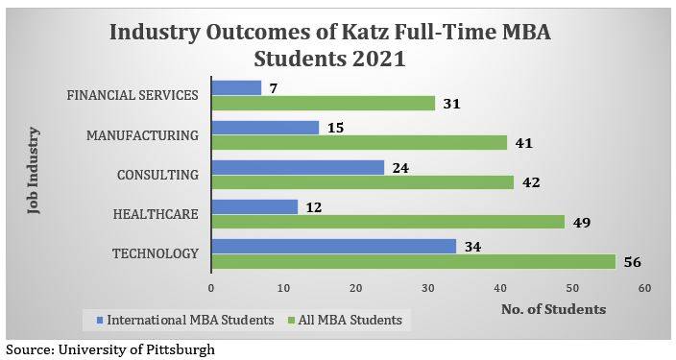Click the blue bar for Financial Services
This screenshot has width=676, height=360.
[x=235, y=87]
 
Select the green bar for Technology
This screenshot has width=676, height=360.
[x=413, y=262]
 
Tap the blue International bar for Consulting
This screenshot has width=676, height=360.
[x=297, y=167]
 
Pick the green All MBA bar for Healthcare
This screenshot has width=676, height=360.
[x=387, y=222]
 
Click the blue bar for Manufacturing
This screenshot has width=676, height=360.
[x=265, y=127]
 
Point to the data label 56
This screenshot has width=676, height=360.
[x=631, y=262]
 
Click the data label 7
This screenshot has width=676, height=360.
[x=275, y=87]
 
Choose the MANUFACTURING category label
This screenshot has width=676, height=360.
[x=142, y=134]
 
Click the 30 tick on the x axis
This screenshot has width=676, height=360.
[x=427, y=288]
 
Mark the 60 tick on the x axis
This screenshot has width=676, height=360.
[x=644, y=288]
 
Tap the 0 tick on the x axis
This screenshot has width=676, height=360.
[x=211, y=288]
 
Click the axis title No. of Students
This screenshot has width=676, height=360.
[x=553, y=309]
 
